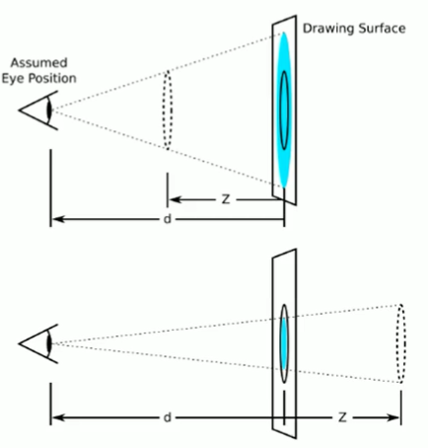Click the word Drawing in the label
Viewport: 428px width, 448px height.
click(328, 29)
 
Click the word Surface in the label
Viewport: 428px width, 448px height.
click(382, 29)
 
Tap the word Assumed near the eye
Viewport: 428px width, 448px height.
click(39, 62)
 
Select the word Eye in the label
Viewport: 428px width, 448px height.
click(13, 79)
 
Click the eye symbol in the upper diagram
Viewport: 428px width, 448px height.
click(38, 111)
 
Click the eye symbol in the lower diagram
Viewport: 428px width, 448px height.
click(38, 343)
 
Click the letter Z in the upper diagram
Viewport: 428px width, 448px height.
click(226, 199)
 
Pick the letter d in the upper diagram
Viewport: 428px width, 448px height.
click(168, 219)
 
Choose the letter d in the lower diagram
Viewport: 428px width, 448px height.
click(168, 417)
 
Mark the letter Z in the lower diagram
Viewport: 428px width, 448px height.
click(342, 417)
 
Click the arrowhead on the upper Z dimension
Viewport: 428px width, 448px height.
click(175, 199)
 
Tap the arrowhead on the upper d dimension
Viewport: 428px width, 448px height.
click(58, 219)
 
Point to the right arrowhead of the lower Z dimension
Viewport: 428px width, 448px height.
click(393, 417)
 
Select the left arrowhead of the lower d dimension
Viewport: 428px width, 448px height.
click(58, 417)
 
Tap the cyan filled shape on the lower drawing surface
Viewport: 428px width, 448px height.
click(284, 343)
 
